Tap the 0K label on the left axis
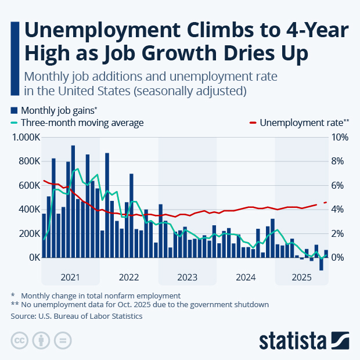pyautogui.click(x=33, y=257)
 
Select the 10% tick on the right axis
pyautogui.click(x=340, y=138)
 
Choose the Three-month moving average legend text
pyautogui.click(x=82, y=123)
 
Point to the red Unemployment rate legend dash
pyautogui.click(x=253, y=123)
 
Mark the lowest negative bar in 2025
pyautogui.click(x=321, y=264)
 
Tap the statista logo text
pyautogui.click(x=293, y=339)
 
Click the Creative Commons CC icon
pyautogui.click(x=20, y=340)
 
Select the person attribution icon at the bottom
pyautogui.click(x=41, y=340)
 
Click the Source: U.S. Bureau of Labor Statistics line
pyautogui.click(x=76, y=316)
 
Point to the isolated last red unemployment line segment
pyautogui.click(x=326, y=202)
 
